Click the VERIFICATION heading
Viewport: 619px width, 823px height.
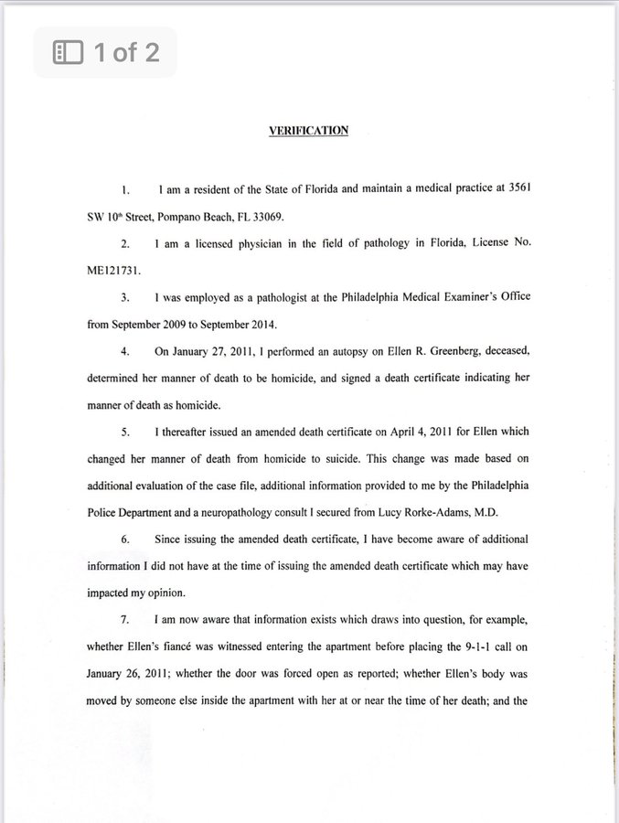coord(308,131)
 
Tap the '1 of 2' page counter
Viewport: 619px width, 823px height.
coord(125,52)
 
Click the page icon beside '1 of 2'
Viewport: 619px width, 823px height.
coord(69,52)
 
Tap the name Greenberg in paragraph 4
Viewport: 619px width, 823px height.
coord(418,351)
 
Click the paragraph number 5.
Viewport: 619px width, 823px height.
coord(125,432)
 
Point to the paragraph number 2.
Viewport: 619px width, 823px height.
coord(125,245)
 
